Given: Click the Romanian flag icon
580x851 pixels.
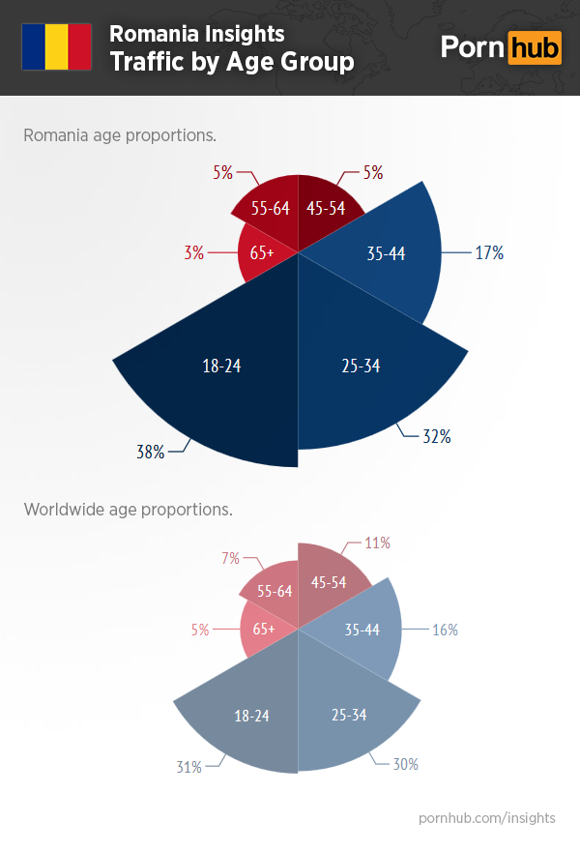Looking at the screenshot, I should (56, 46).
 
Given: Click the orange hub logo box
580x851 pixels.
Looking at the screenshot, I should (534, 46).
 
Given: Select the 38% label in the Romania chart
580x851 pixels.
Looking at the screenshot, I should (150, 452).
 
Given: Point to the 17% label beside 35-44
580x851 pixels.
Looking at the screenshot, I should (488, 253).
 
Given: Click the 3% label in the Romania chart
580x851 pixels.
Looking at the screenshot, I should (193, 253).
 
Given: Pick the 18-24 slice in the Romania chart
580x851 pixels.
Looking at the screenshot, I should (221, 367).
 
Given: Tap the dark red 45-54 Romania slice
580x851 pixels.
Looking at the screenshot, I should (327, 209).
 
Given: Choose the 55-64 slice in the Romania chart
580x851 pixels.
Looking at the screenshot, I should (270, 209).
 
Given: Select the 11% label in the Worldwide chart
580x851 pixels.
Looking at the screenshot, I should (377, 543).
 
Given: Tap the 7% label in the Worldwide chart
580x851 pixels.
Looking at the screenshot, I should (230, 559).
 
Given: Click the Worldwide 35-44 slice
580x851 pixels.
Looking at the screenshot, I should (362, 630).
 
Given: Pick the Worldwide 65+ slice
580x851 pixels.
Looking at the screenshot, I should (263, 630).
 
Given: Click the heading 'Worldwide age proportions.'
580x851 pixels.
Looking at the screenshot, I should (128, 509).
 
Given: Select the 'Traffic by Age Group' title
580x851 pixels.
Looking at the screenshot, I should (231, 62).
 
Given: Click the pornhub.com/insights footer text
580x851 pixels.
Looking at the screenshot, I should (486, 818).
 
